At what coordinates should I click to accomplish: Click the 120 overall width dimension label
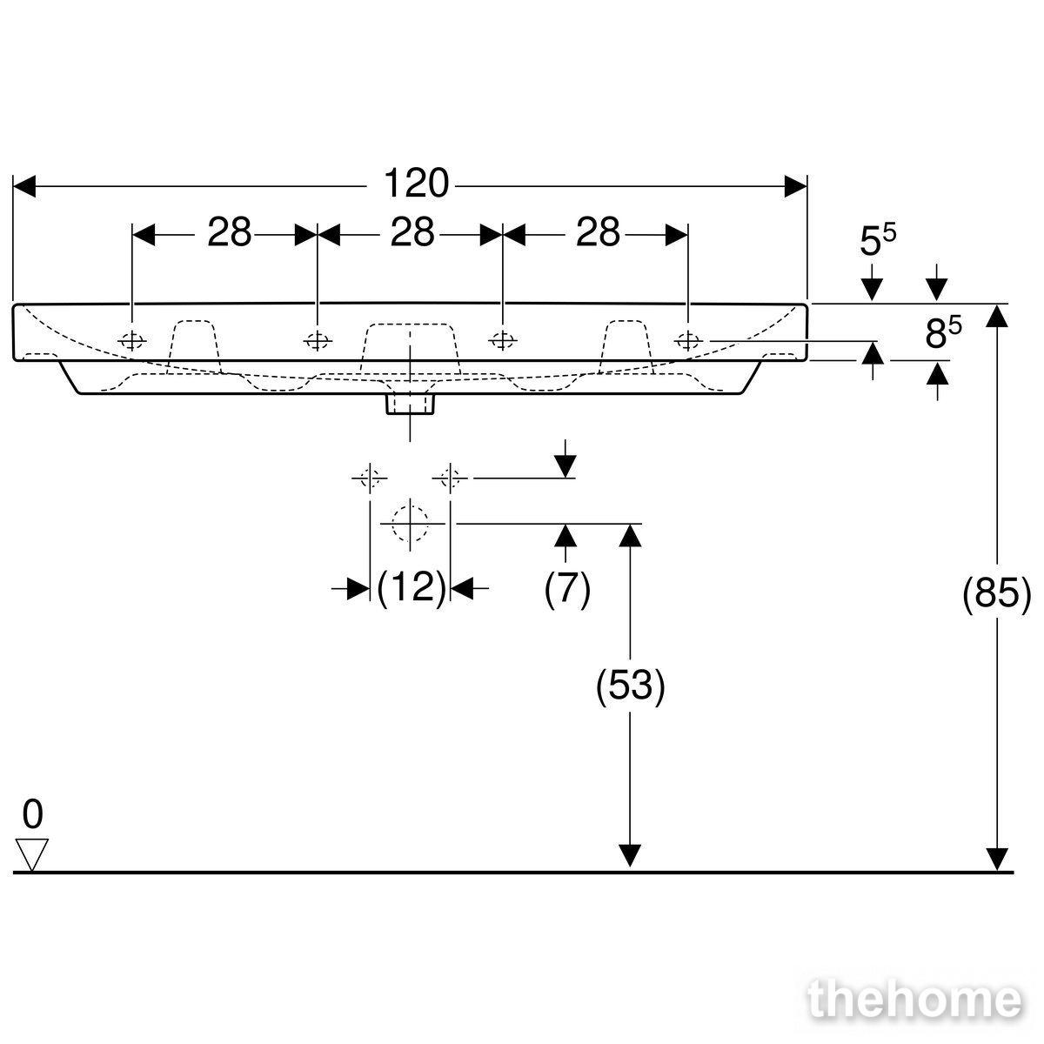click(x=416, y=183)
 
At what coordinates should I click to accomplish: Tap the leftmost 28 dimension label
click(x=230, y=232)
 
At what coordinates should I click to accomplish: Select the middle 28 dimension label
click(x=412, y=232)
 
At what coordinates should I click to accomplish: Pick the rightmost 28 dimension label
click(x=598, y=232)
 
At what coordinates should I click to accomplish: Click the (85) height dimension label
click(x=996, y=595)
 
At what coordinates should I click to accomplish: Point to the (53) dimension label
click(x=630, y=686)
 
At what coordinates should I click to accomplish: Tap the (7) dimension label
click(x=567, y=588)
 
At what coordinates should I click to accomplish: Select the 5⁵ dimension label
click(x=878, y=240)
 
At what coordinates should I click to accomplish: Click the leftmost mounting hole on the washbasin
click(x=132, y=341)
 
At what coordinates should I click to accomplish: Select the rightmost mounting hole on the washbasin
click(x=688, y=341)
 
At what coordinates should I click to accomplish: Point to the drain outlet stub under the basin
click(x=410, y=405)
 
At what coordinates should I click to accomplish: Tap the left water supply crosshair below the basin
click(x=370, y=478)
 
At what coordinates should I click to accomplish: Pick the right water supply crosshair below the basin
click(x=450, y=478)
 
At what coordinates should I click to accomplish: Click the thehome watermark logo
click(x=915, y=999)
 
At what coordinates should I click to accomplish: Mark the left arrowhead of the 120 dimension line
click(x=23, y=186)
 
